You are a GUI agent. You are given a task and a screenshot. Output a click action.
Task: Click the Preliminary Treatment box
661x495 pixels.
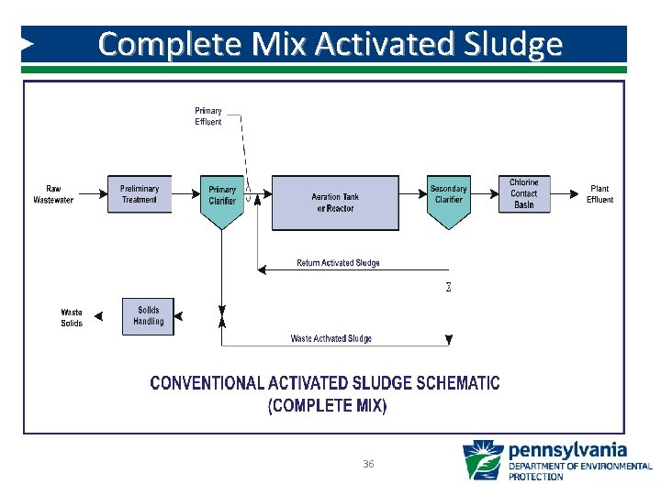(139, 194)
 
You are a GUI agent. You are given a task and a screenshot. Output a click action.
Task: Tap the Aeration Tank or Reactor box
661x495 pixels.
(335, 203)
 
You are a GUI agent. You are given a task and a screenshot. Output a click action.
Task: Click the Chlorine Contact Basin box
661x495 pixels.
(524, 193)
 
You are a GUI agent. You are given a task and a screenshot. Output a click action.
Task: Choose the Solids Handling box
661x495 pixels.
(148, 316)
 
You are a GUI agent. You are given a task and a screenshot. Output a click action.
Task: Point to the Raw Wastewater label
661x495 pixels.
(53, 194)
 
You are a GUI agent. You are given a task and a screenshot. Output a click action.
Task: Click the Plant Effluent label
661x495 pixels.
(599, 194)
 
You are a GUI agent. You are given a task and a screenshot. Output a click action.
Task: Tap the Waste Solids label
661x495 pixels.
(72, 318)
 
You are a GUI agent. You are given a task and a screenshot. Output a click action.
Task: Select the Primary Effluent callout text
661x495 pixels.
(208, 116)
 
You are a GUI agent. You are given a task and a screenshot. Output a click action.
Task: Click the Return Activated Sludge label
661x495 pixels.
(338, 263)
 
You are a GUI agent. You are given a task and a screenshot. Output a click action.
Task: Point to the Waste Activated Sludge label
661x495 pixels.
(331, 338)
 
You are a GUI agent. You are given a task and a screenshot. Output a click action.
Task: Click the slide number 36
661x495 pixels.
(368, 465)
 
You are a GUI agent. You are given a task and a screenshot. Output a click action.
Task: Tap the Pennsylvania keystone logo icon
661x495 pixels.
(482, 460)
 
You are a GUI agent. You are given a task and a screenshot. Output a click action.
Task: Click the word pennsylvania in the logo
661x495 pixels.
(567, 450)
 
